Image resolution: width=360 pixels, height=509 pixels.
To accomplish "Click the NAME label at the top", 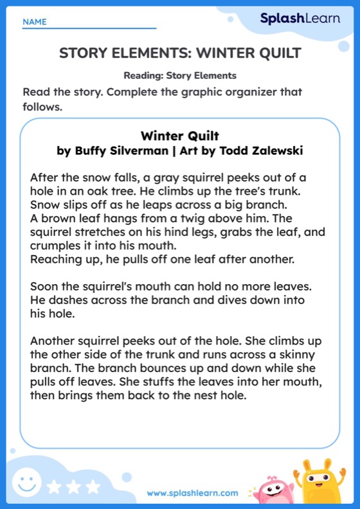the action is coord(35,22).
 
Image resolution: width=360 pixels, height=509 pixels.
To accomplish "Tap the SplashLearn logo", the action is coord(300,19).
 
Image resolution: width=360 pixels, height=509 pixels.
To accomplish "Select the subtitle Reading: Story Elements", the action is coord(180,75).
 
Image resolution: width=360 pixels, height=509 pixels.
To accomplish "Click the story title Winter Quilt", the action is coord(180,136).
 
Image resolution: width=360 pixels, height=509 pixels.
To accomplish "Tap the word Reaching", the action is coord(53,259).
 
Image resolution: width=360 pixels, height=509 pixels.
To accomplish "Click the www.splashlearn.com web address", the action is coord(192,493).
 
